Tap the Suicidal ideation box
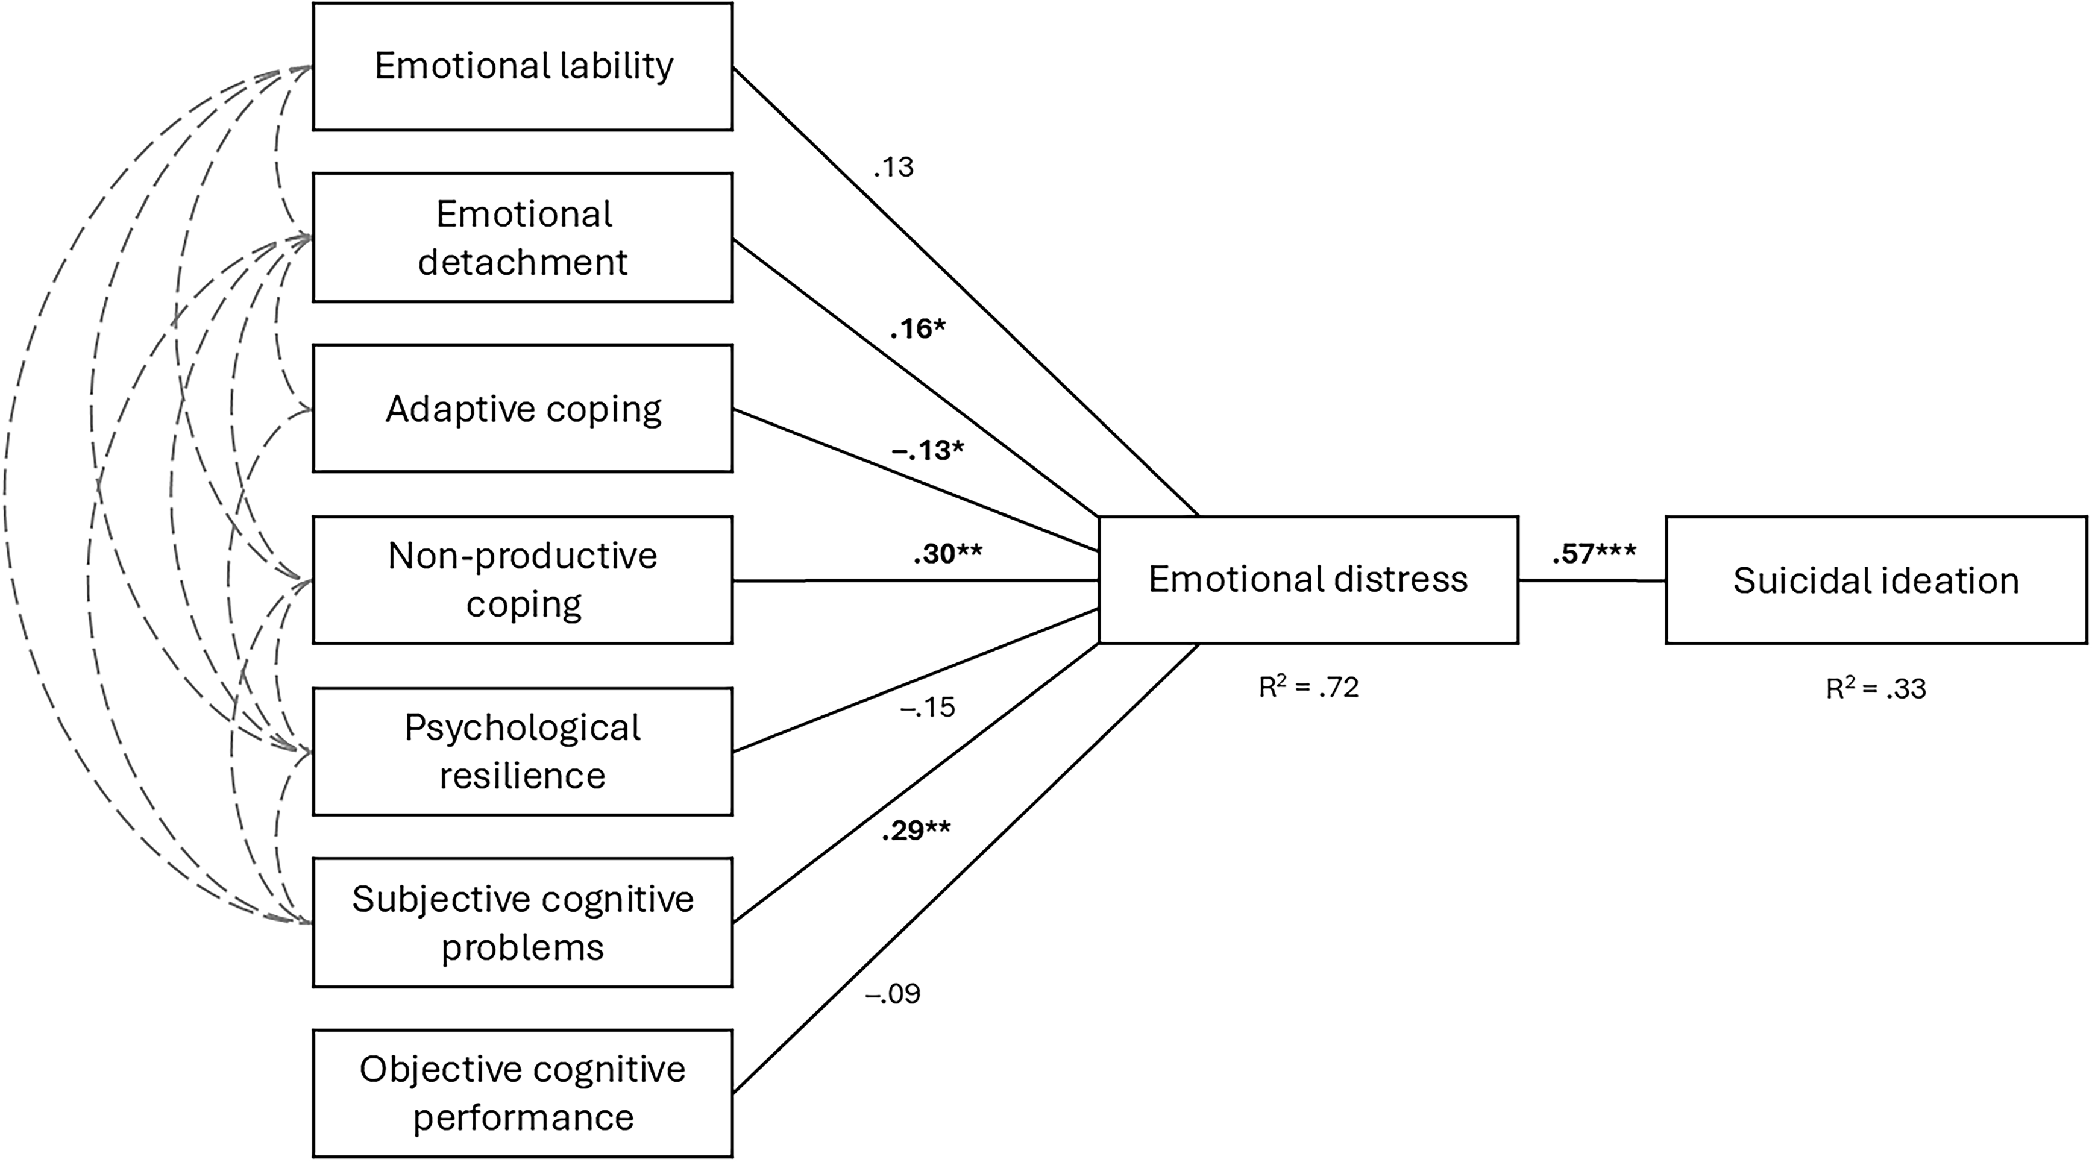tap(1876, 580)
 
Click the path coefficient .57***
tap(1594, 554)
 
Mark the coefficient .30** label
tap(947, 554)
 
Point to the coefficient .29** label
tap(916, 831)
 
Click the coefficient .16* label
tap(918, 330)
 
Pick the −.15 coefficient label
tap(928, 708)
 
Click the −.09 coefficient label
tap(893, 994)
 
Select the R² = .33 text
tap(1876, 689)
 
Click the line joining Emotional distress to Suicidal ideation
tap(1592, 580)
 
